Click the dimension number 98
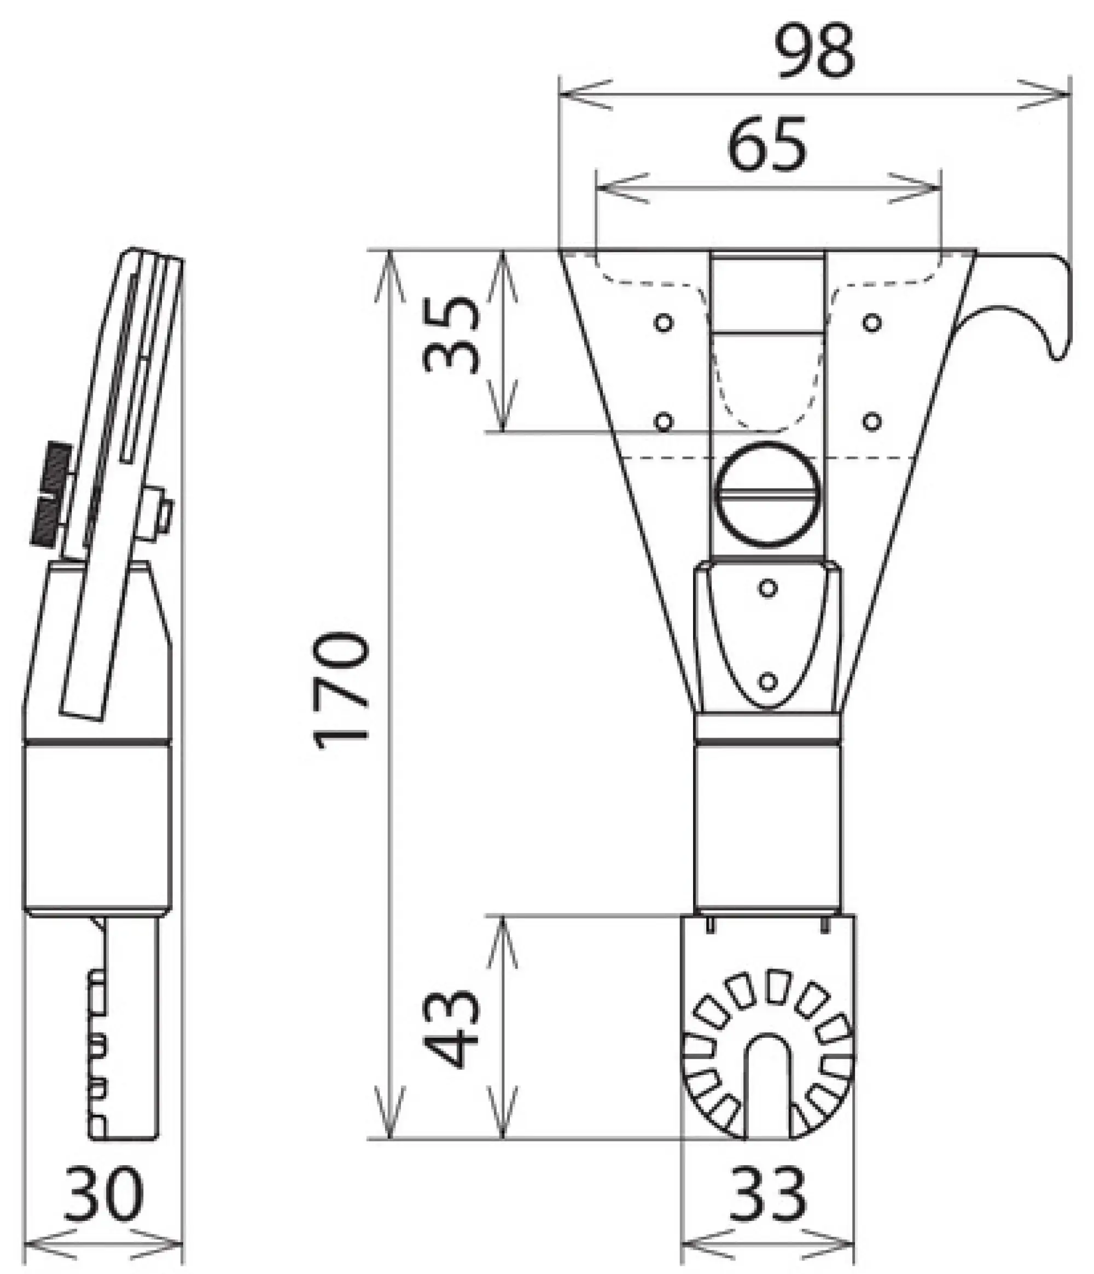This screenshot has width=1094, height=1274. [x=815, y=52]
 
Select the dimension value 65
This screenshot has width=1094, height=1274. [x=767, y=144]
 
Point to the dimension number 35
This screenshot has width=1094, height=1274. [x=452, y=335]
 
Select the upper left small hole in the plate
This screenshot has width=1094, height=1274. [x=664, y=322]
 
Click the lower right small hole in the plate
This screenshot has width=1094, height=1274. [x=871, y=422]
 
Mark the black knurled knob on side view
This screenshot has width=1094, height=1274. [x=50, y=495]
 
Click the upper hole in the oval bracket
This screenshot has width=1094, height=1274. [x=767, y=588]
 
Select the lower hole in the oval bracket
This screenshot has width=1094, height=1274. [x=767, y=681]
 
